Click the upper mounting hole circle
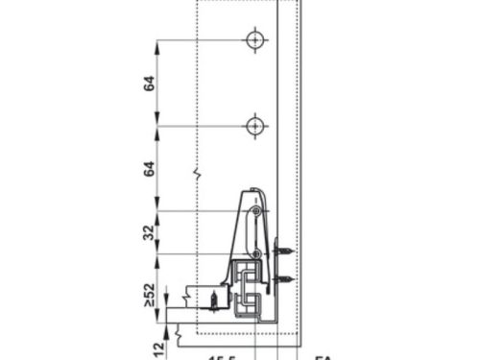[x=253, y=40]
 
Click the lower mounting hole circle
[x=253, y=126]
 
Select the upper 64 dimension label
[x=149, y=84]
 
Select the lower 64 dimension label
[x=149, y=169]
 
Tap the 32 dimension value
[x=149, y=232]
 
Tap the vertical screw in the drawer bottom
[x=209, y=300]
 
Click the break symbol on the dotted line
[x=197, y=175]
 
